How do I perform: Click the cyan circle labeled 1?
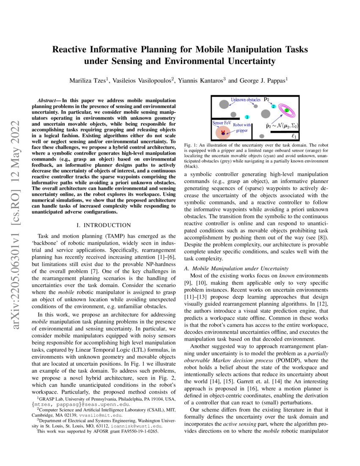[247, 116]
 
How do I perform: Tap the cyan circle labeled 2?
[274, 106]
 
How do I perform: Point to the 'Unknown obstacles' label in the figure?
[246, 100]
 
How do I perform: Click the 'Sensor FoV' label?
[221, 122]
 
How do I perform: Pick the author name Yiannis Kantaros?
[201, 80]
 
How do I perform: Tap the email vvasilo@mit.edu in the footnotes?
[98, 415]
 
